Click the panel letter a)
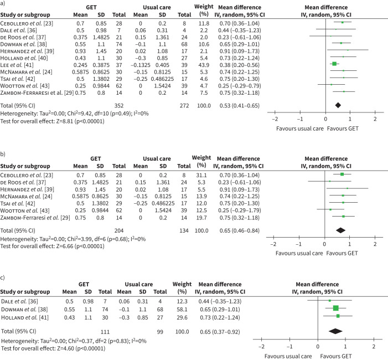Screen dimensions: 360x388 point(4,4)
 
